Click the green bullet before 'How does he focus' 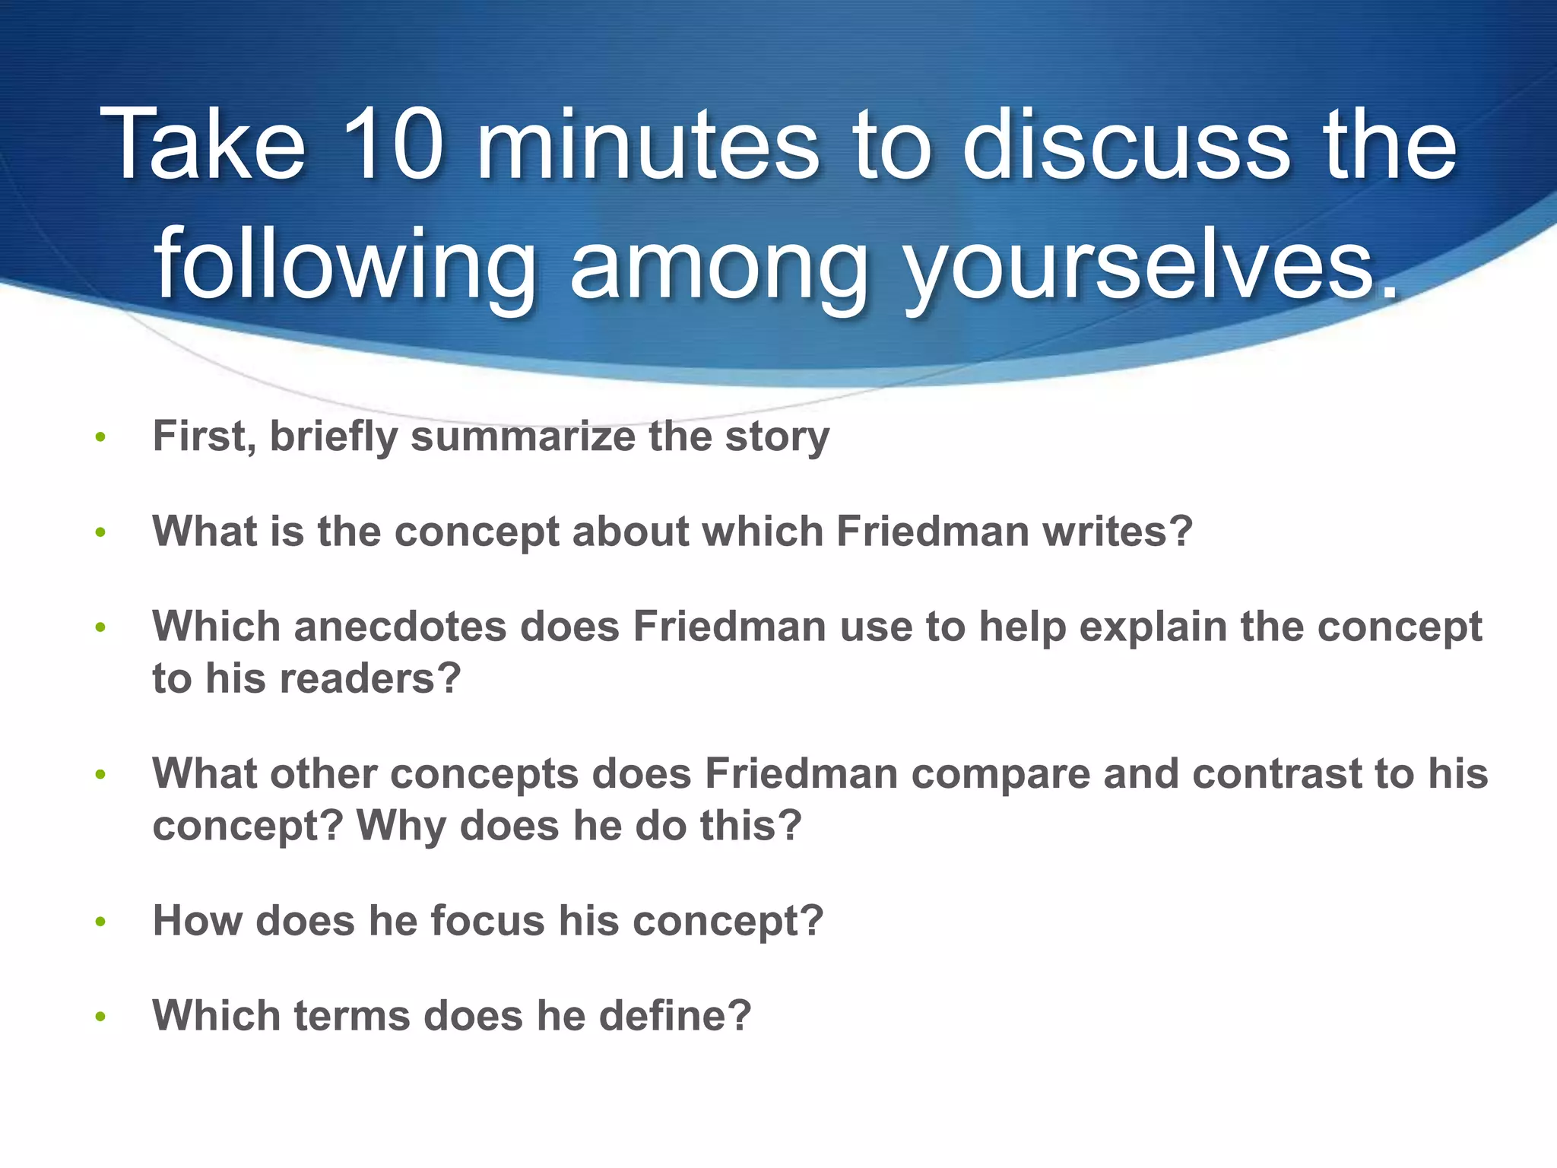[100, 922]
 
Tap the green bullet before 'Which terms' [100, 1017]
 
